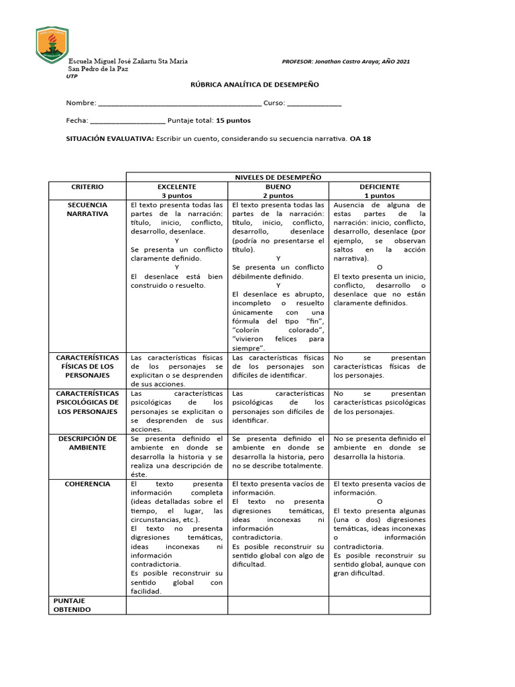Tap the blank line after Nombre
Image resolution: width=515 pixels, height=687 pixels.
click(x=179, y=104)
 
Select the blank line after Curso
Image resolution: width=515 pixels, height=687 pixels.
click(x=314, y=104)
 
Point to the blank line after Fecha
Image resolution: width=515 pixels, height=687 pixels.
click(x=127, y=121)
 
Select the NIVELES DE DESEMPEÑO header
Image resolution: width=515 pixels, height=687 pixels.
click(x=278, y=177)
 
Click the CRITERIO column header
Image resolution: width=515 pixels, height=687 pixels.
click(x=87, y=187)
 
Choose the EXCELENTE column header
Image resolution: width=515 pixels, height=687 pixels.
click(x=177, y=191)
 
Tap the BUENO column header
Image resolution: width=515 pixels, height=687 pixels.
click(x=278, y=191)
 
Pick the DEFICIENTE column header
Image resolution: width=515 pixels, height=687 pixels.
click(x=380, y=191)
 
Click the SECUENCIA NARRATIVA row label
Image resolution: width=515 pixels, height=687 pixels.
click(x=87, y=209)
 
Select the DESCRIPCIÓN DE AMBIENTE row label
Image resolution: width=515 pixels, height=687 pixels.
click(x=87, y=443)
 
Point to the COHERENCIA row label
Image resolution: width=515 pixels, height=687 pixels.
click(x=87, y=484)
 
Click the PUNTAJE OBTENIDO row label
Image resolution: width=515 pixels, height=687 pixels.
click(x=74, y=605)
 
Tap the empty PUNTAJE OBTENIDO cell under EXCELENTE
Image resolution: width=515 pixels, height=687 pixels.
click(x=177, y=605)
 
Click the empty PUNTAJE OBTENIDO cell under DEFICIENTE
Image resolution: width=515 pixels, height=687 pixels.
click(x=380, y=605)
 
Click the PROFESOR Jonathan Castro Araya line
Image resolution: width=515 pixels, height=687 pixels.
click(x=346, y=61)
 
